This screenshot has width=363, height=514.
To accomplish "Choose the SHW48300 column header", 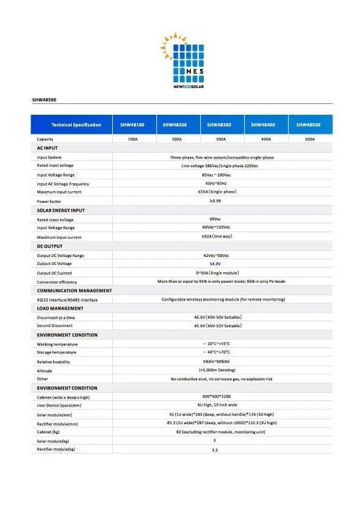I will (x=221, y=125).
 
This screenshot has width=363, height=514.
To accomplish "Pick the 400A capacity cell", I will (x=266, y=139).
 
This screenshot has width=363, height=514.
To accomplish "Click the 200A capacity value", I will (x=177, y=139).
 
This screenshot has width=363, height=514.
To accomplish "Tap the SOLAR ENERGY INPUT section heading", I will (x=61, y=210).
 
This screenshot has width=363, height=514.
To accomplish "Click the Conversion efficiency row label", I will (x=57, y=282).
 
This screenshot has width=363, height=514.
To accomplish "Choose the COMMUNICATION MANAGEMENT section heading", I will (x=74, y=291).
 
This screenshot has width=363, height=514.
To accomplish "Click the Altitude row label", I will (x=45, y=371).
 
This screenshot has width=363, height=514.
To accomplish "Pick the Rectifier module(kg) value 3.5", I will (x=215, y=450).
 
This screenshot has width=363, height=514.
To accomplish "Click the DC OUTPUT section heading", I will (x=49, y=246).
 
